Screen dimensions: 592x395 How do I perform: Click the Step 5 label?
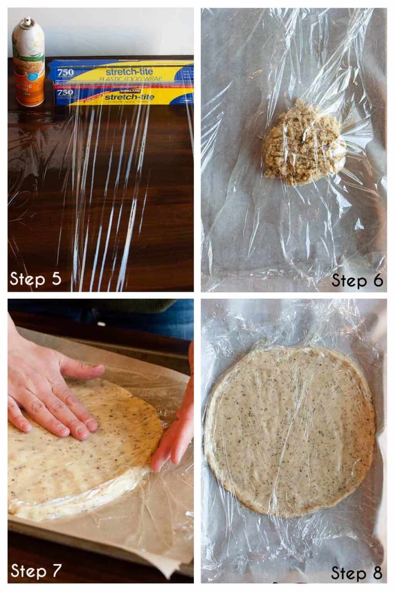point(35,278)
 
